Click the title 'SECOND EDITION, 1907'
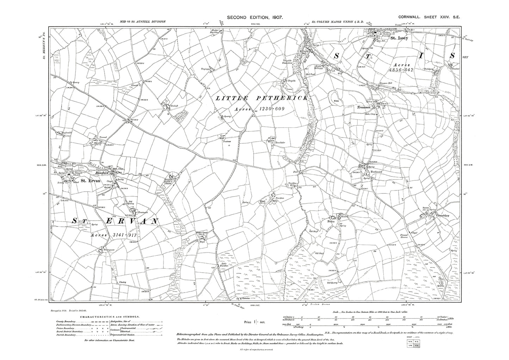point(255,17)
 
